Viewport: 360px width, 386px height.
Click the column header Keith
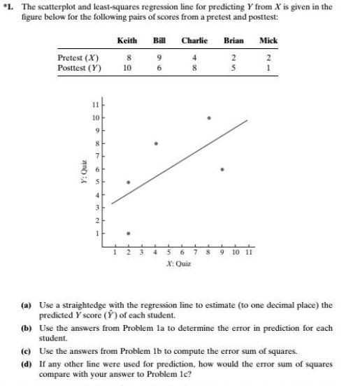[127, 41]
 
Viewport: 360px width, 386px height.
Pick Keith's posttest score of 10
[127, 69]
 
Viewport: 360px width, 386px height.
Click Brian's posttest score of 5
[233, 69]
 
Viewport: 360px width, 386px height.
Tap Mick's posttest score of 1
[268, 69]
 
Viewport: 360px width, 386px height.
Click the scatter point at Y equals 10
[208, 117]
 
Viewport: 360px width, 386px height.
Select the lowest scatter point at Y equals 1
[128, 234]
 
